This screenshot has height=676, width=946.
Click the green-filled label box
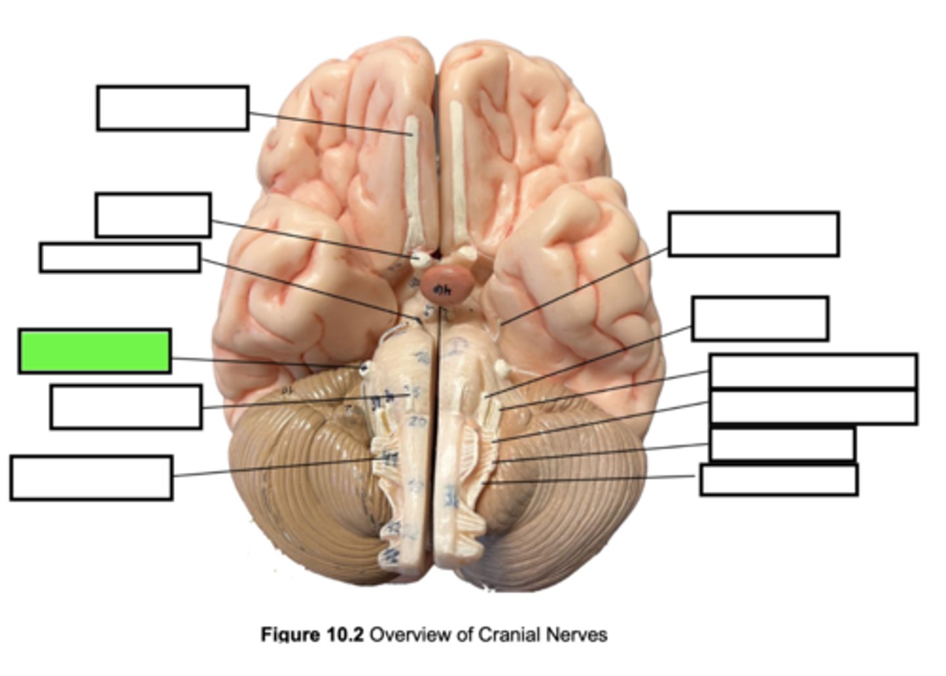pyautogui.click(x=95, y=351)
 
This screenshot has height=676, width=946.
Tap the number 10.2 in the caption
pyautogui.click(x=345, y=635)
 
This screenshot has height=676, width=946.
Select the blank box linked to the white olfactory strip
pyautogui.click(x=172, y=108)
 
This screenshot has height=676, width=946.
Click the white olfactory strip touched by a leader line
pyautogui.click(x=412, y=178)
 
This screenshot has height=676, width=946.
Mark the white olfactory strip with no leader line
pyautogui.click(x=456, y=171)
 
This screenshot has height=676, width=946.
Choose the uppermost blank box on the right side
pyautogui.click(x=754, y=233)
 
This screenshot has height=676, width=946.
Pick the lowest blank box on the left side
pyautogui.click(x=91, y=478)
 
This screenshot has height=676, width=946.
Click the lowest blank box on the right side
pyautogui.click(x=778, y=479)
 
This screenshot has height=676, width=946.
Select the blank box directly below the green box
pyautogui.click(x=125, y=407)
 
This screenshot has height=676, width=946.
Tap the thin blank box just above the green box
pyautogui.click(x=120, y=257)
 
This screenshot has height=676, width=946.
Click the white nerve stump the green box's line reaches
pyautogui.click(x=363, y=368)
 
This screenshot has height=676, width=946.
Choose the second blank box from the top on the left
pyautogui.click(x=152, y=215)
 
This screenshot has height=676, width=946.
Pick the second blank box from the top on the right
pyautogui.click(x=760, y=318)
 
